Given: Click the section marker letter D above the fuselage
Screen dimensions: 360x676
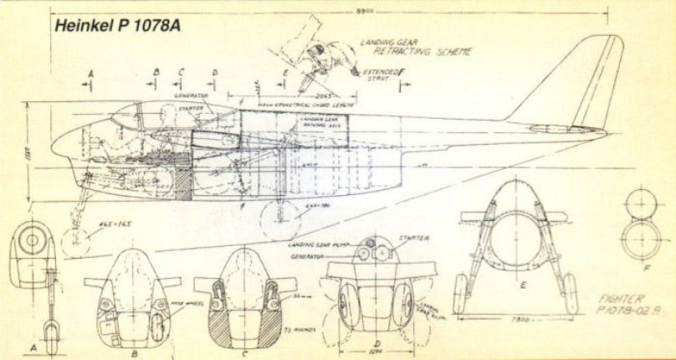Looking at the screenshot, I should tap(214, 73).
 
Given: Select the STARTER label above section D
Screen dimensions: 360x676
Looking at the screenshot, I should tap(416, 238).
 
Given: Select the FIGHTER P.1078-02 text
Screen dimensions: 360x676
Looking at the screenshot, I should tap(628, 303).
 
